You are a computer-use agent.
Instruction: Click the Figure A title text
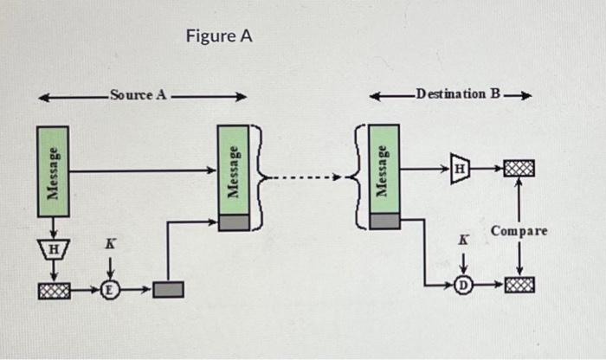click(218, 36)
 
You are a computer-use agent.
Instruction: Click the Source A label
click(138, 94)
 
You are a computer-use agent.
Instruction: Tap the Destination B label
click(457, 93)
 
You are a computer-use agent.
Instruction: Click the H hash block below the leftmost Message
click(53, 249)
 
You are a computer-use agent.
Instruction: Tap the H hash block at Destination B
click(461, 167)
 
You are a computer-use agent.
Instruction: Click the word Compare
click(519, 231)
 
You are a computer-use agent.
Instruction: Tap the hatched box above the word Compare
click(519, 167)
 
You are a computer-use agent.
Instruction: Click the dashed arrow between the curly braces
click(306, 179)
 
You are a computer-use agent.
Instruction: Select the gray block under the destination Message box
click(384, 222)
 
